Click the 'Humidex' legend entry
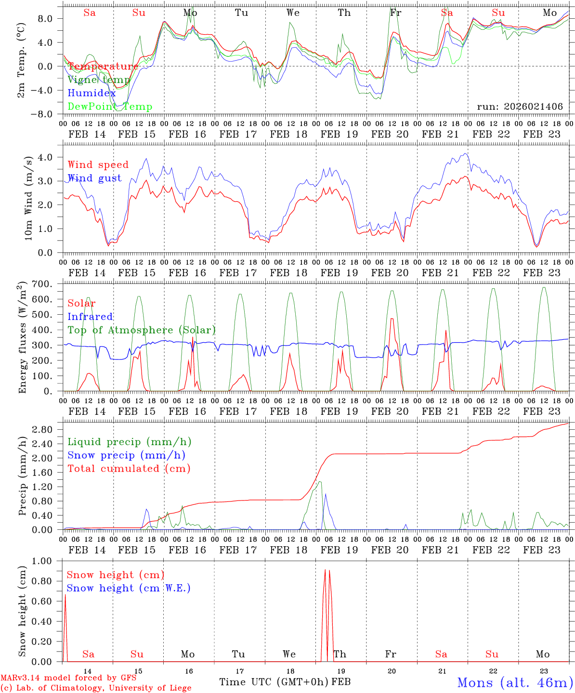[91, 93]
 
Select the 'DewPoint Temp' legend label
[110, 107]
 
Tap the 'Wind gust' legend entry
[94, 178]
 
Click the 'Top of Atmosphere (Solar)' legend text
[142, 330]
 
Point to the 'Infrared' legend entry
[90, 317]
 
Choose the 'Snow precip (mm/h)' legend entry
[126, 455]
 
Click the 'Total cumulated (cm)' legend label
[129, 469]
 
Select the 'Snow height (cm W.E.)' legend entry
[128, 588]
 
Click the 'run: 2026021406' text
[520, 107]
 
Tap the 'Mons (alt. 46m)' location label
[515, 682]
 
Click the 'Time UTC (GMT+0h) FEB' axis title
[285, 682]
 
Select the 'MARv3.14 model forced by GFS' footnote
[68, 679]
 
